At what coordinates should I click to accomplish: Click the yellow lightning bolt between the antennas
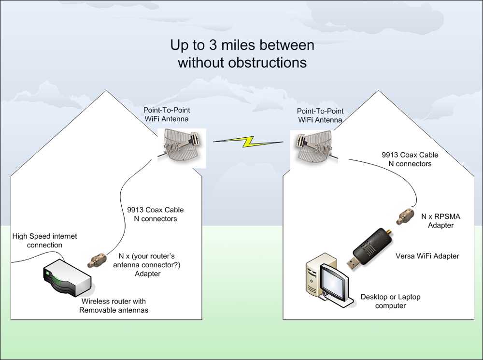(248, 142)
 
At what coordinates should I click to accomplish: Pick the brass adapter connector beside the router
(97, 260)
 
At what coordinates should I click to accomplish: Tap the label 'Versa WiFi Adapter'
(427, 256)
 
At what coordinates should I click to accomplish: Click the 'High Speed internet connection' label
(44, 241)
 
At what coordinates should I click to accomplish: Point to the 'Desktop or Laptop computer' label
(391, 301)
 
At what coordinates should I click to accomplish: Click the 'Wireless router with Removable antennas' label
(114, 305)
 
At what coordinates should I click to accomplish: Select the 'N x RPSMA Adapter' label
(441, 221)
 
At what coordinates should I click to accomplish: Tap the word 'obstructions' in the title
(268, 62)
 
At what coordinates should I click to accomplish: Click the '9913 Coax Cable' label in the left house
(155, 210)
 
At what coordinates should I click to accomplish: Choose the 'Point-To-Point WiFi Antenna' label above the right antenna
(320, 115)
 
